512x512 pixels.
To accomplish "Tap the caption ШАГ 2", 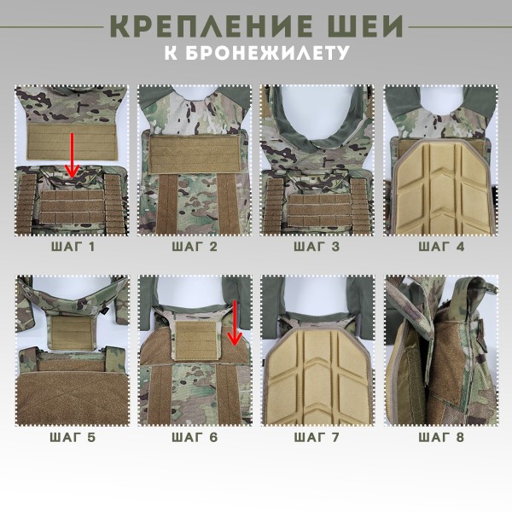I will (195, 248).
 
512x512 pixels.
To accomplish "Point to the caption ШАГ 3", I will (317, 248).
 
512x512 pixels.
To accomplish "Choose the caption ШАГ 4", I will (441, 248).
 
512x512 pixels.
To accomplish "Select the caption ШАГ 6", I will (195, 438).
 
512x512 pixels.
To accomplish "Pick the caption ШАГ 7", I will (317, 438).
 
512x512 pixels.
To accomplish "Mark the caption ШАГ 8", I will (441, 438).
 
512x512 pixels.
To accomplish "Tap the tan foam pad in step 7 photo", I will (317, 375).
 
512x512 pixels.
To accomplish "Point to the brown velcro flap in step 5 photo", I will (72, 393).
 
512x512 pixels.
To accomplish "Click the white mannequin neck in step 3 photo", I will (317, 107).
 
